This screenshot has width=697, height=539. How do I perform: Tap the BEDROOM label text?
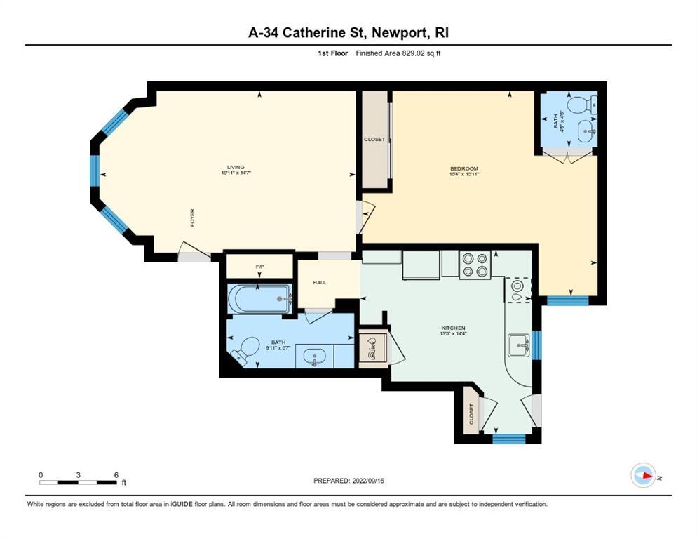pos(463,168)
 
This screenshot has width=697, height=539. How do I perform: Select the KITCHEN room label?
pos(454,328)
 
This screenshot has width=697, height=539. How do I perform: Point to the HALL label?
pos(319,282)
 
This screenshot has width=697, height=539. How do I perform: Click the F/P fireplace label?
pos(259,267)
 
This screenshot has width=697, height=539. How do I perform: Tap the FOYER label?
pos(192,217)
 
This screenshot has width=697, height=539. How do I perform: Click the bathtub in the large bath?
pos(258,300)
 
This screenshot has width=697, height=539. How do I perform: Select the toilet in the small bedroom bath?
pos(581,105)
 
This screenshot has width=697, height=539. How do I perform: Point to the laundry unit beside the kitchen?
pos(372,347)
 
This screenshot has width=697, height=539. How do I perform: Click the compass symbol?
pos(642,475)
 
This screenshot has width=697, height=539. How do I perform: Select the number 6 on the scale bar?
pos(116,474)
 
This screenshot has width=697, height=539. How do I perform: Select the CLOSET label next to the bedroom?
pos(374,140)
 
